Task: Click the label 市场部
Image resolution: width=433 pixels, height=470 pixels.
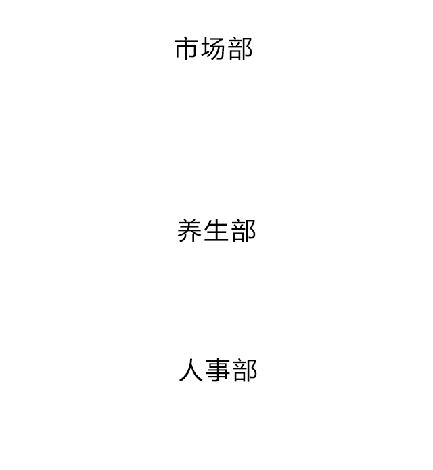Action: pos(214,49)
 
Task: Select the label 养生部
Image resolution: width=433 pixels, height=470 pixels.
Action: pos(216,230)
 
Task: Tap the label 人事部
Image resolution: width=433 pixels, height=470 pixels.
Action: pos(218,370)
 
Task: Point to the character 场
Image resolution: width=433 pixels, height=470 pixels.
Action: pos(213,49)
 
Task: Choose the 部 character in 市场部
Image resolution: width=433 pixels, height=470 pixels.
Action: pos(240,49)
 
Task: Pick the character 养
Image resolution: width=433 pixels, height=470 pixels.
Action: pos(189,230)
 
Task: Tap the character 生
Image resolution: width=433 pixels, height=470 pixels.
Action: pos(216,230)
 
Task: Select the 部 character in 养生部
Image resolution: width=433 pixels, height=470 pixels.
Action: pos(244,230)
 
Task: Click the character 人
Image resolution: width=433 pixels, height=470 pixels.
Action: pos(191,370)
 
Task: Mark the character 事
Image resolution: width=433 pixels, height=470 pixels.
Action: pos(218,370)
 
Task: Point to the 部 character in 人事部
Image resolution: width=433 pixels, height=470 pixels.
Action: pos(245,370)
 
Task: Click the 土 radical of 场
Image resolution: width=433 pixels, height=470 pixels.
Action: pos(206,49)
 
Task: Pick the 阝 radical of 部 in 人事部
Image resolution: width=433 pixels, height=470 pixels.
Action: pos(253,370)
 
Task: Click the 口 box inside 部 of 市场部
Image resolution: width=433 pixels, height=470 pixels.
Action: pos(236,54)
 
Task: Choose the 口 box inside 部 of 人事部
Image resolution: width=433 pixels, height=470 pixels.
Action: pos(241,376)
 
